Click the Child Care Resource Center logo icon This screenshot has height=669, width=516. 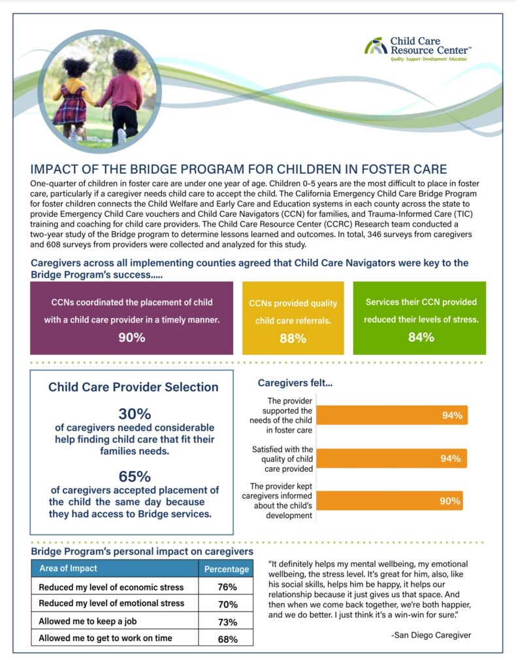pyautogui.click(x=376, y=46)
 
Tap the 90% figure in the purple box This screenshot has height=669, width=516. pyautogui.click(x=131, y=337)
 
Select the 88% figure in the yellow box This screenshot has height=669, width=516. pyautogui.click(x=293, y=338)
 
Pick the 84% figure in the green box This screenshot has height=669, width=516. pyautogui.click(x=421, y=337)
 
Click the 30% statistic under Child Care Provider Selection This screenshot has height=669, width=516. pyautogui.click(x=135, y=414)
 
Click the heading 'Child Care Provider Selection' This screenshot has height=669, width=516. pyautogui.click(x=133, y=387)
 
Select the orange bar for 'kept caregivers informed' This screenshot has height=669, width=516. pyautogui.click(x=390, y=502)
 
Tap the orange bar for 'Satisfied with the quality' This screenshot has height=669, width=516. pyautogui.click(x=392, y=459)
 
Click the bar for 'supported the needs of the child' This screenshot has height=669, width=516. pyautogui.click(x=392, y=416)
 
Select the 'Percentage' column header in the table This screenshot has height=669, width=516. pyautogui.click(x=227, y=568)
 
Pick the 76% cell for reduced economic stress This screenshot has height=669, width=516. pyautogui.click(x=227, y=587)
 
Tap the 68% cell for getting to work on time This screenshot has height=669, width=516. pyautogui.click(x=227, y=639)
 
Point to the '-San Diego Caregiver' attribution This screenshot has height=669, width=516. pyautogui.click(x=430, y=635)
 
